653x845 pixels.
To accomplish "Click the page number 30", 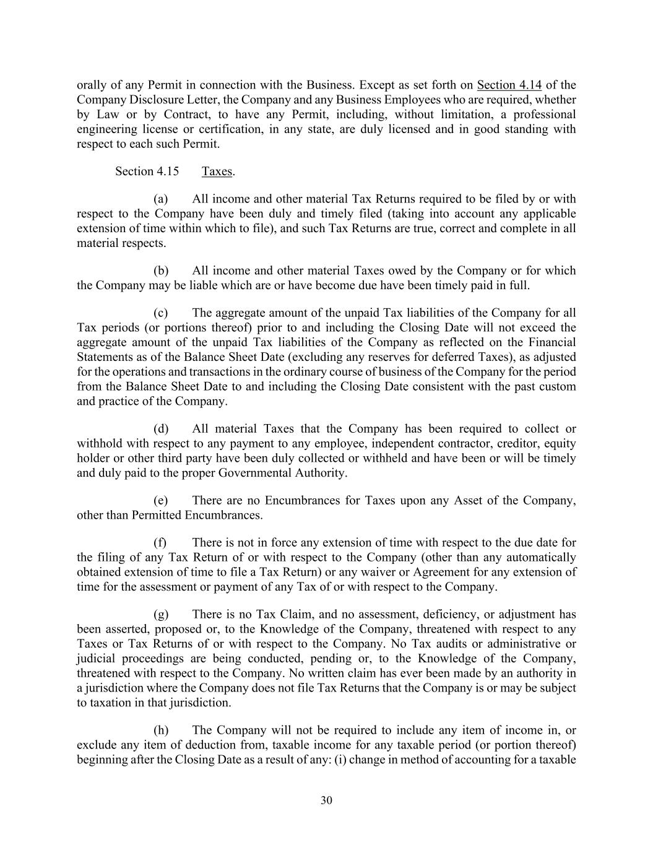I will pos(326,800).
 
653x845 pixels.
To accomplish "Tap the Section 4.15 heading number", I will pos(147,171).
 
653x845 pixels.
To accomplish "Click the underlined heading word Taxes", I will pos(217,171).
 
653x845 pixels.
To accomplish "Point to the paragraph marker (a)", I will pos(161,199).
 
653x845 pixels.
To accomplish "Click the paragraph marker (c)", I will pos(161,313).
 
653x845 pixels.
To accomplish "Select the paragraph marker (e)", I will pos(161,500).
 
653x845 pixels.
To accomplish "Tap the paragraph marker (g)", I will pos(161,614).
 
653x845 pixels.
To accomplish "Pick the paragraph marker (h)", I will pos(161,730).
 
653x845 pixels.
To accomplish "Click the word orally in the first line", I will pos(91,85).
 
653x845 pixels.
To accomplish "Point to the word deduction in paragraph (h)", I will pos(215,745).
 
